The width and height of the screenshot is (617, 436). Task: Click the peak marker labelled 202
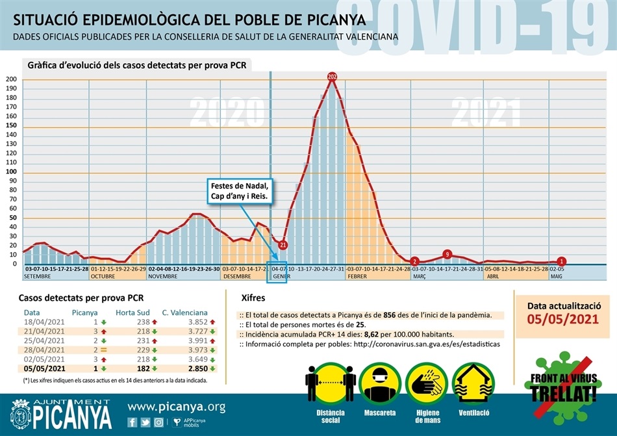(x=333, y=77)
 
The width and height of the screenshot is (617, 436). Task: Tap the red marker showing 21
(x=283, y=245)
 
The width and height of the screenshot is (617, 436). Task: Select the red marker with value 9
(x=447, y=254)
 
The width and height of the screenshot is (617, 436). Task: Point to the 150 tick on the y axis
(x=12, y=125)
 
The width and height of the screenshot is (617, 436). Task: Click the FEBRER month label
(x=357, y=276)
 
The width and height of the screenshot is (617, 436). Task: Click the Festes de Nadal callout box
(x=238, y=191)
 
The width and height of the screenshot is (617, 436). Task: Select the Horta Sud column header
(x=133, y=313)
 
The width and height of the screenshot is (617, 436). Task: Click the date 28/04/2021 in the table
(x=45, y=350)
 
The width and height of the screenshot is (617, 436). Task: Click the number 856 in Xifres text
(x=391, y=315)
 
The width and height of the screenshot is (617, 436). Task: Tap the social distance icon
(x=324, y=383)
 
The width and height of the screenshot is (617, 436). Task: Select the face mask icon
(x=381, y=383)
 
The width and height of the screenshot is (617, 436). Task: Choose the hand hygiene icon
(x=427, y=383)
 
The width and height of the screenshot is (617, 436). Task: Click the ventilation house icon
(x=473, y=383)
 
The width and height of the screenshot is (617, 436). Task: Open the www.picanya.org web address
(x=177, y=407)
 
